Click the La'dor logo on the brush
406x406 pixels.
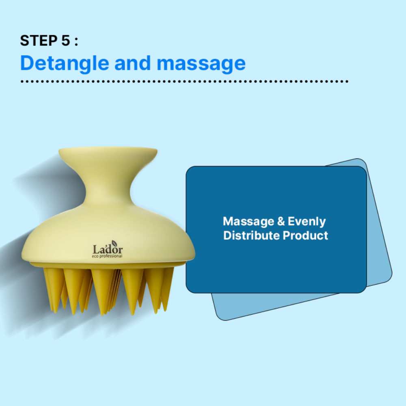point(108,249)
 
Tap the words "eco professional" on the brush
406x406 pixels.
point(108,256)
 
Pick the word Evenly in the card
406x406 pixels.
point(307,222)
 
